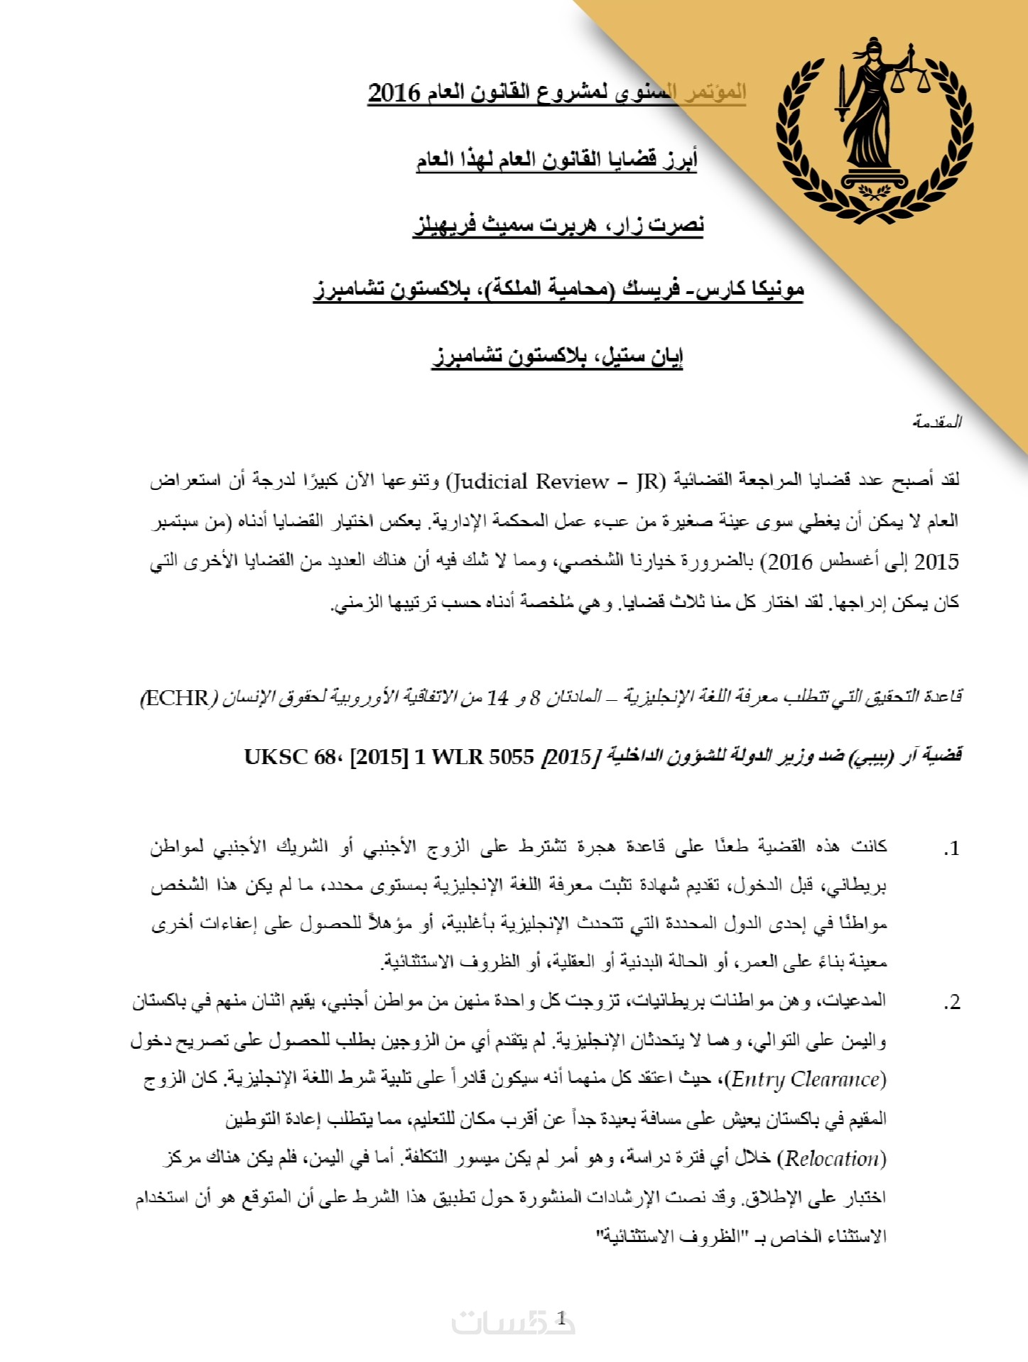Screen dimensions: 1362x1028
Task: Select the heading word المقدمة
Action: (937, 422)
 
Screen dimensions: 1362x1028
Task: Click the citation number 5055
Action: (510, 757)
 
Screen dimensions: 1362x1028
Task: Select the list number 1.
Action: (951, 848)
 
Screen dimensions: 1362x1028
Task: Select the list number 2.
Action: (951, 1002)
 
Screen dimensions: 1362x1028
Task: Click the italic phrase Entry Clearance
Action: (808, 1080)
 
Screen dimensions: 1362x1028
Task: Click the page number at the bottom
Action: (561, 1319)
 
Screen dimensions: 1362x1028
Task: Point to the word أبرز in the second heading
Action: (680, 159)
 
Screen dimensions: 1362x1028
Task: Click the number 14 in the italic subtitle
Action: (497, 698)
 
